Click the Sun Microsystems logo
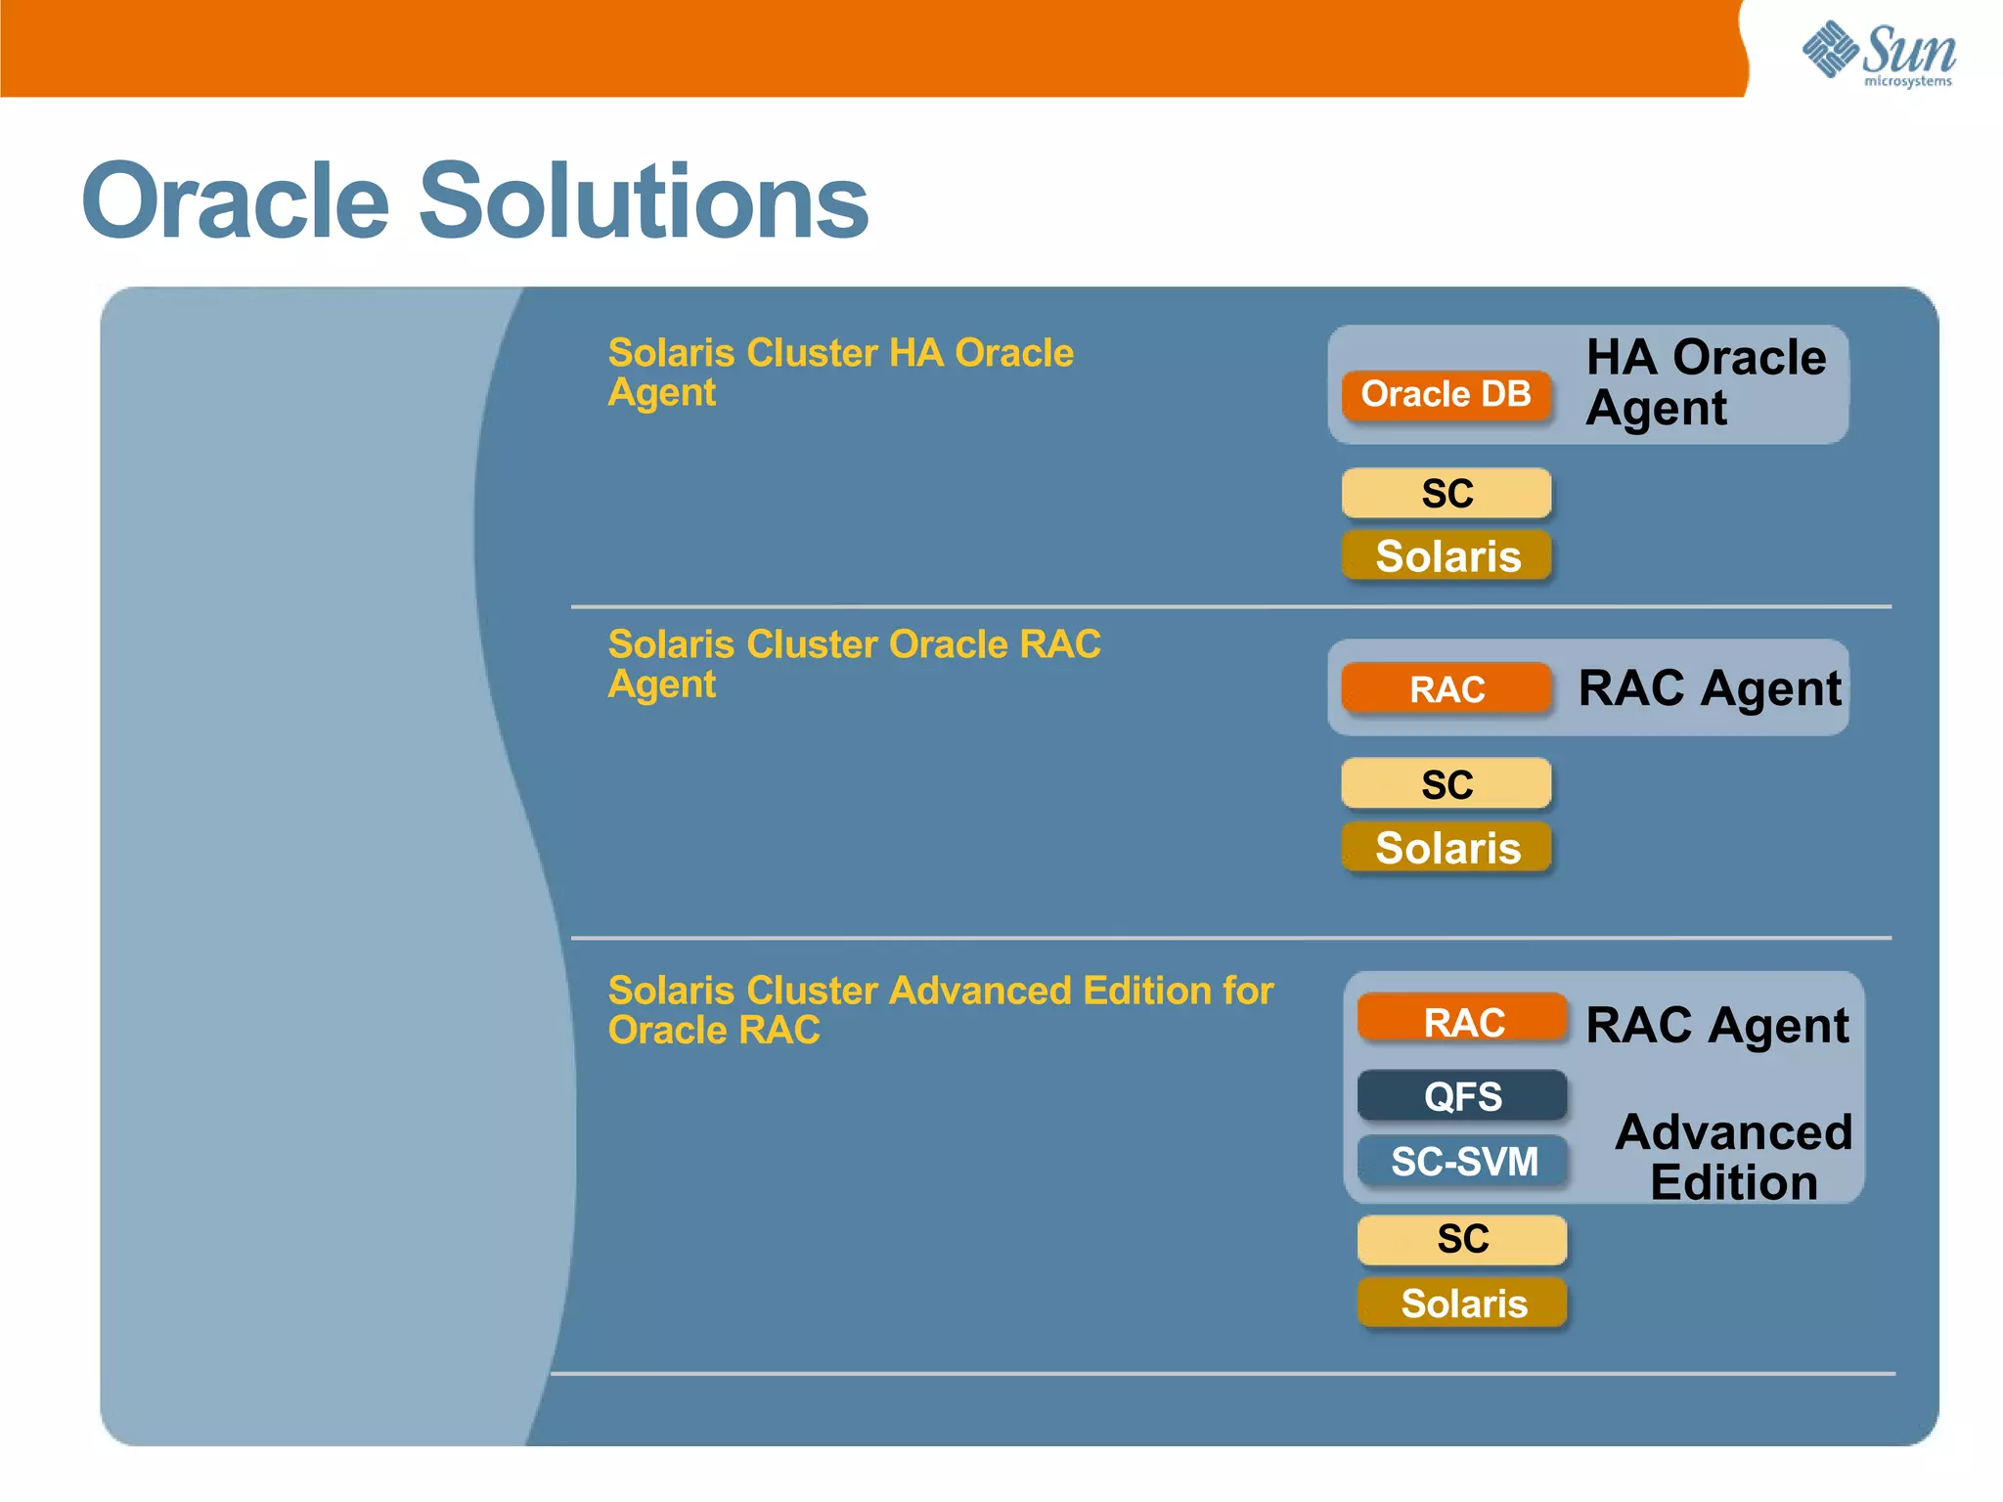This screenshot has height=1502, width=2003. pos(1878,55)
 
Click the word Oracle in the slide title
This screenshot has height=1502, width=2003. pos(236,201)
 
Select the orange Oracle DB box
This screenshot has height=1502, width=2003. pos(1446,395)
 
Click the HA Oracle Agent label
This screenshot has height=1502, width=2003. pos(1705,382)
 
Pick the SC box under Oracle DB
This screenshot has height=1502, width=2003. pos(1446,493)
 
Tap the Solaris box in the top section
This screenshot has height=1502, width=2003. pos(1447,555)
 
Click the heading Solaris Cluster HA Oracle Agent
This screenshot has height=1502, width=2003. pos(839,372)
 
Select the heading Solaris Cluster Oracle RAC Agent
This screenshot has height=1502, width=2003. pos(853,663)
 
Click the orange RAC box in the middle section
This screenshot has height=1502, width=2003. pos(1446,688)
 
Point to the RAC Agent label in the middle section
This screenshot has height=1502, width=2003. pos(1709,688)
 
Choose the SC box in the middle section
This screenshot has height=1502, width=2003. pos(1446,784)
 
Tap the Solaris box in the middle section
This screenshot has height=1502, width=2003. pos(1447,847)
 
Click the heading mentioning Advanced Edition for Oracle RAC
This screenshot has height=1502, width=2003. pos(939,1009)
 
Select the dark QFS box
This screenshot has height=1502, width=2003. pos(1462,1096)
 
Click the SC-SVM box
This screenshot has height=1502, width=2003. pos(1463,1161)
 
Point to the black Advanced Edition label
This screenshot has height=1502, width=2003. pos(1733,1157)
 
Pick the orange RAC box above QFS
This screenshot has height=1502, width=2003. pos(1463,1022)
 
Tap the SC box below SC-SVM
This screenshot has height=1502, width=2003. pos(1462,1239)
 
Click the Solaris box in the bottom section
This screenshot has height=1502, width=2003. pos(1463,1303)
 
